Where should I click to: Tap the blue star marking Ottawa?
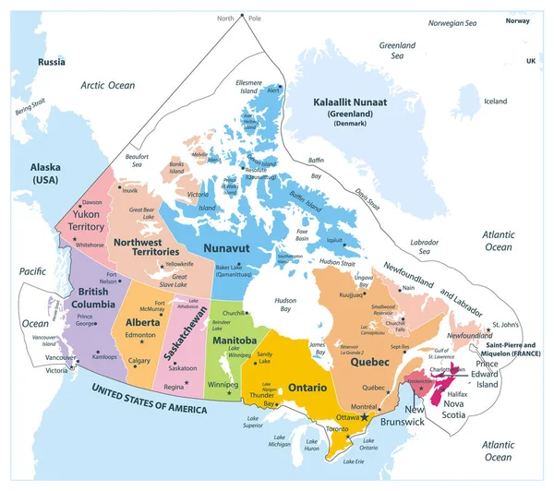365,417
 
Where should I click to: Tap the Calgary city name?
140,360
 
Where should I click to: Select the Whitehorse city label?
90,245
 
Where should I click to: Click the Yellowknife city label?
180,265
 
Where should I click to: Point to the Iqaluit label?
334,240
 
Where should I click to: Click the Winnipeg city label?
223,383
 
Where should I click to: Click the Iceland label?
496,101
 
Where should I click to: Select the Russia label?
52,62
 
